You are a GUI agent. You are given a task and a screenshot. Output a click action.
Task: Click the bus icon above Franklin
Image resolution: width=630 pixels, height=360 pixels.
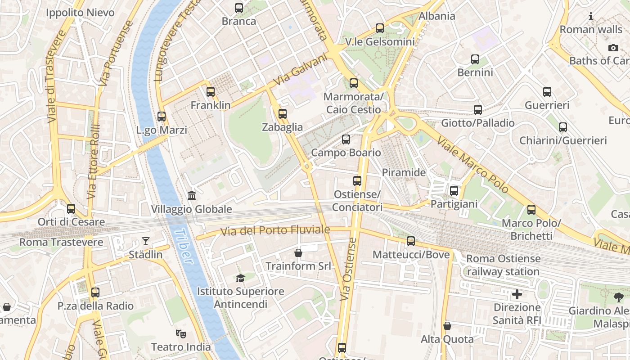pos(211,92)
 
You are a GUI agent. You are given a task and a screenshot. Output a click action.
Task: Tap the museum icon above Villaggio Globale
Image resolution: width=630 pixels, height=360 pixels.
pos(192,195)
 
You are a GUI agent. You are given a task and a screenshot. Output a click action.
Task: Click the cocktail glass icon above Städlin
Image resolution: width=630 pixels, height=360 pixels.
pos(146,241)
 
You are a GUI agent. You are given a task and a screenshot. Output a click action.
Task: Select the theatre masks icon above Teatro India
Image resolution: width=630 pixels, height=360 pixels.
pos(181,333)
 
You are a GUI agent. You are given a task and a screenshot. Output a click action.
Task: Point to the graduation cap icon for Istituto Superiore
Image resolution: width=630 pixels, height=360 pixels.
pos(241,278)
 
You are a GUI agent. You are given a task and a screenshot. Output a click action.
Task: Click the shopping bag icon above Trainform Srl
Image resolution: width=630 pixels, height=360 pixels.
pos(298,253)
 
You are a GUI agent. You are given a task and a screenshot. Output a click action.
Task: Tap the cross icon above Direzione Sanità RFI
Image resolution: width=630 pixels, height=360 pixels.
pos(517,294)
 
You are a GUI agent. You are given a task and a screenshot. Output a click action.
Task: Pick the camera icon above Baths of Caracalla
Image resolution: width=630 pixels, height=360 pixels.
pos(613,48)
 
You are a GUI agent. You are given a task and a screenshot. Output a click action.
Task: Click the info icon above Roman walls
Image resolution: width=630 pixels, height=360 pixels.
pos(591,17)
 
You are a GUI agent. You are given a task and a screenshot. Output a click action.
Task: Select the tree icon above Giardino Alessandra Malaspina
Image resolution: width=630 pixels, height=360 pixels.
pos(619,297)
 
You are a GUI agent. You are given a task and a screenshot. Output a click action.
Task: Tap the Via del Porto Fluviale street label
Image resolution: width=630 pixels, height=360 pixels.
pos(275,231)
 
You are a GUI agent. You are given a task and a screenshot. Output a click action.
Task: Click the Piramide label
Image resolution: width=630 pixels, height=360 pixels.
pos(404,172)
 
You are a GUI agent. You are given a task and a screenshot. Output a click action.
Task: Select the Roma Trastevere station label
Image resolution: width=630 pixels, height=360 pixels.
pos(61,243)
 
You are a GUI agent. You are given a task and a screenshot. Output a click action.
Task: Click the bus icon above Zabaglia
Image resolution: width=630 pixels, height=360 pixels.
pos(283,114)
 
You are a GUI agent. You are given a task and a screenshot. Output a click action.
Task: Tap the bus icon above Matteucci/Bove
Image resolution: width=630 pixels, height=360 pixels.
pos(411,241)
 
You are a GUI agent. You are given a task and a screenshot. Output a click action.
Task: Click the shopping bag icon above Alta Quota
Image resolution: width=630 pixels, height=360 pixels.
pos(447,326)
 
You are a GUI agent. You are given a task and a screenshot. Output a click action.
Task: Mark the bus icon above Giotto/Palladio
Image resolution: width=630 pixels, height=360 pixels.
pos(478,109)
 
